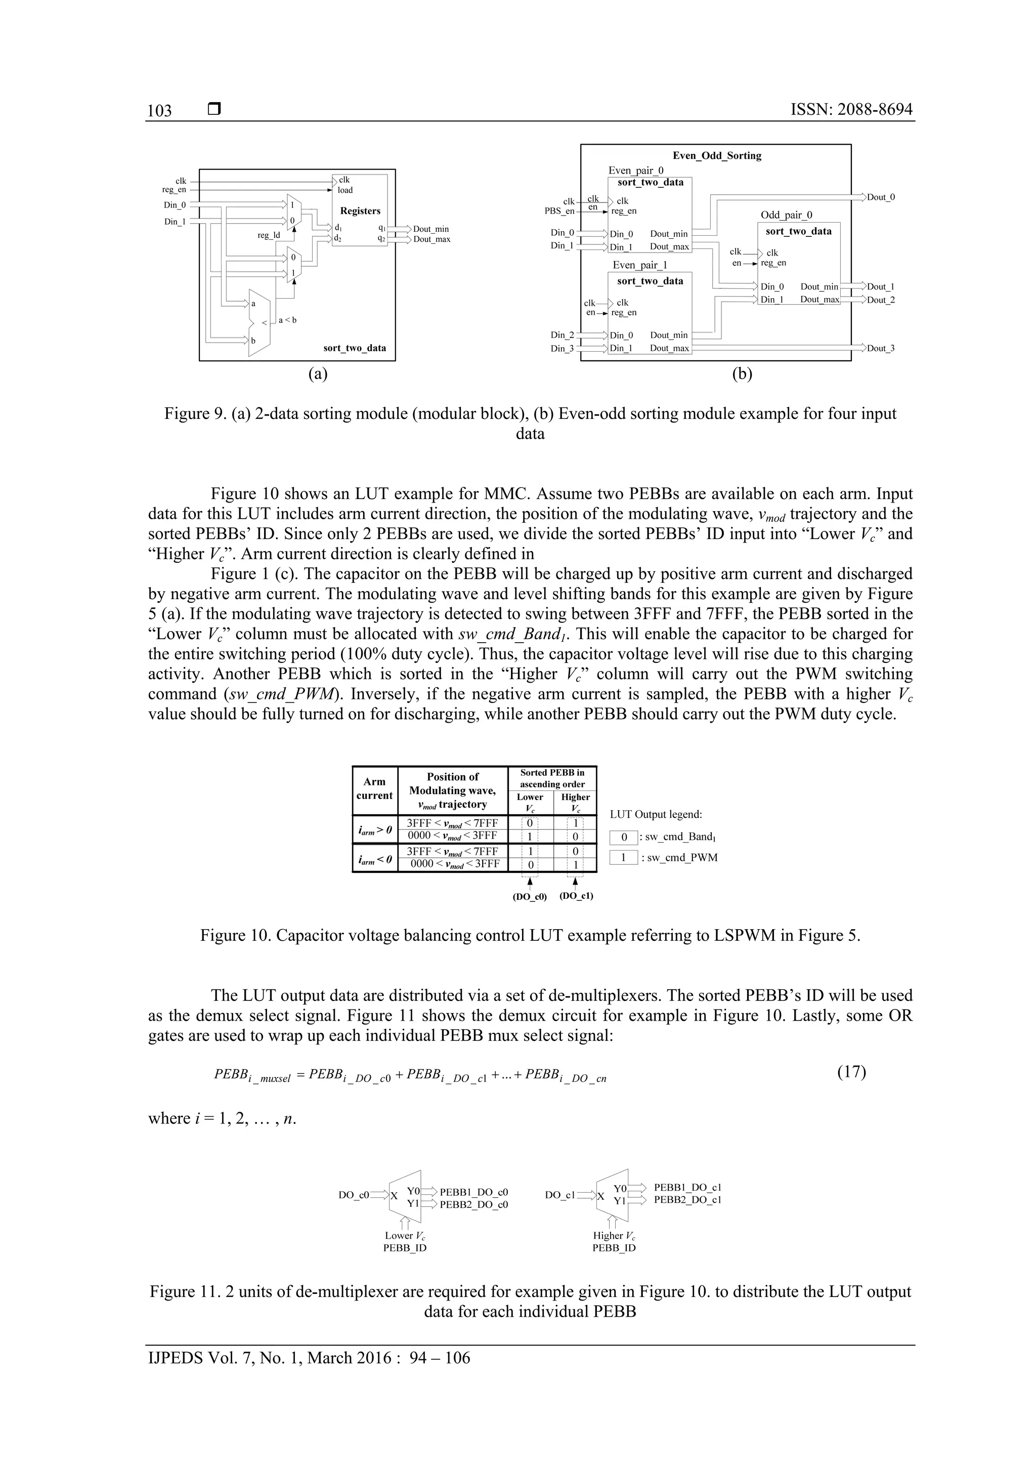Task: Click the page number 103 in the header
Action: pos(159,111)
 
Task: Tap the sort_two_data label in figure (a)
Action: pos(354,348)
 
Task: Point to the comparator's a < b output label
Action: pos(287,320)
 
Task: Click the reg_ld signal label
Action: pos(269,235)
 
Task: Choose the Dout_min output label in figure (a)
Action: pos(431,229)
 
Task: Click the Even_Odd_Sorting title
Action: pos(717,156)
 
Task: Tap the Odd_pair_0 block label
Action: pos(787,215)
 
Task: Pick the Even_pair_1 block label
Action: pos(639,265)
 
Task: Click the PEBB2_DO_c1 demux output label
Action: pos(687,1199)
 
